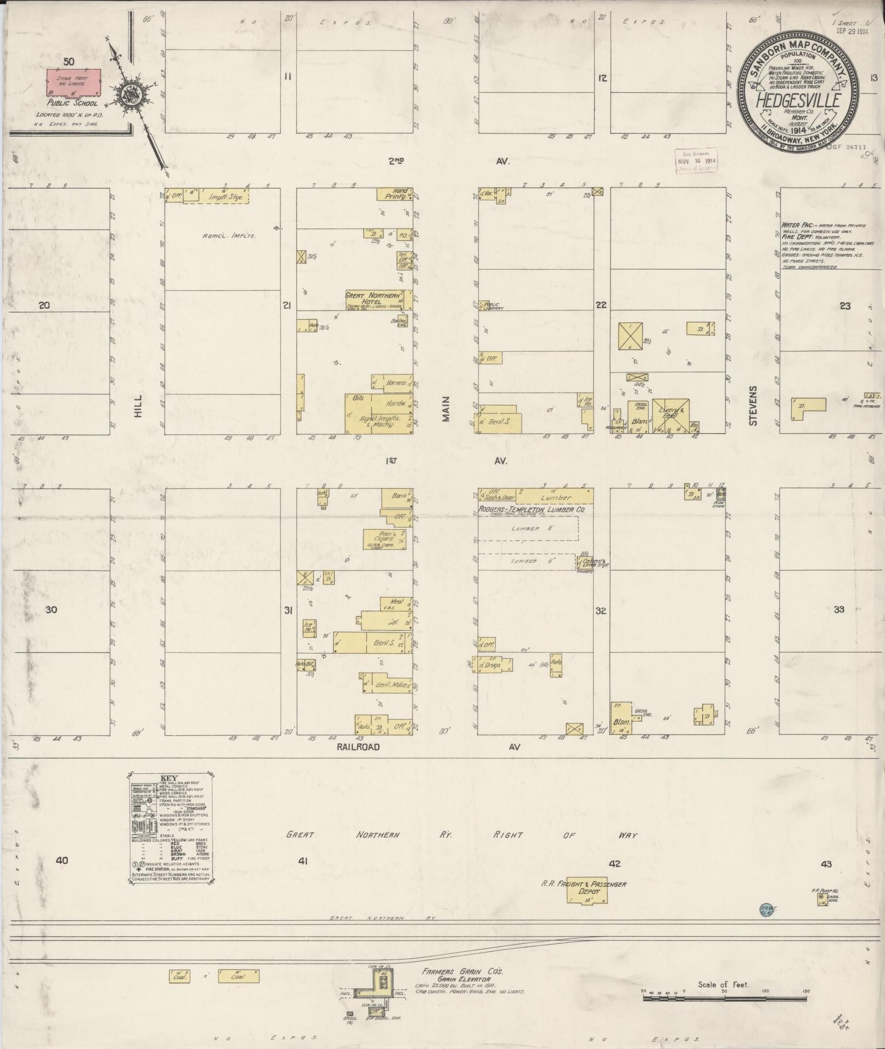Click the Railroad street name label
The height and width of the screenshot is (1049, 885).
click(x=358, y=747)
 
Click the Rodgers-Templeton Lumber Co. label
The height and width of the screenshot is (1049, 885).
click(x=531, y=509)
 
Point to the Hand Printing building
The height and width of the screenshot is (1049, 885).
click(x=394, y=194)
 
